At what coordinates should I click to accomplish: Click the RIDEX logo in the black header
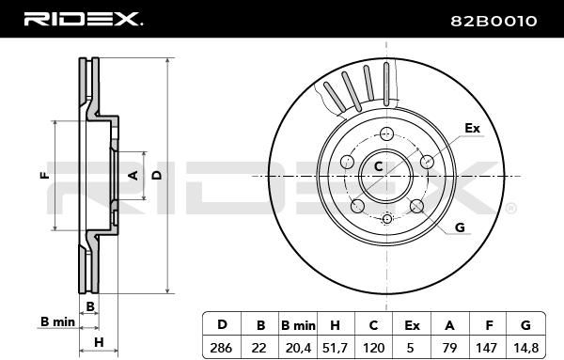[83, 19]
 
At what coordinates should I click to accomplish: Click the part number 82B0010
[493, 22]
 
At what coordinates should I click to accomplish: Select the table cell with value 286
[221, 348]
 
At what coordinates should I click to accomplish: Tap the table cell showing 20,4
[298, 348]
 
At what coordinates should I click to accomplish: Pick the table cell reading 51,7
[336, 348]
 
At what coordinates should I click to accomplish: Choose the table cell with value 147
[489, 348]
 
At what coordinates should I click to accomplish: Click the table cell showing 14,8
[526, 348]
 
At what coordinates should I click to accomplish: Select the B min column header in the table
[298, 325]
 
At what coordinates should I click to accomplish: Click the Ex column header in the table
[412, 325]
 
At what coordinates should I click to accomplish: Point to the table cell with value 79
[450, 348]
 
